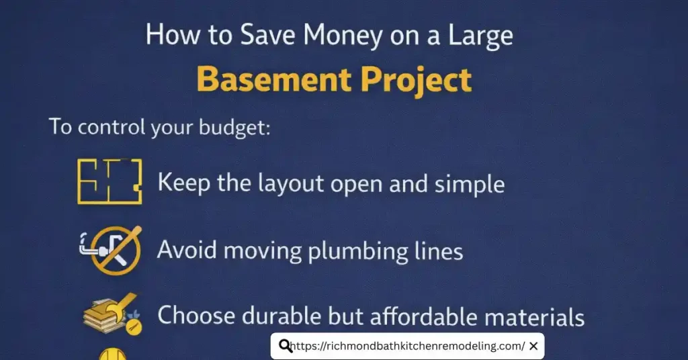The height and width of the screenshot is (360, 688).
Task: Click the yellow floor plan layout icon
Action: [110, 181]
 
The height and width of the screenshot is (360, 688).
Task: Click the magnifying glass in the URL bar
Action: [285, 346]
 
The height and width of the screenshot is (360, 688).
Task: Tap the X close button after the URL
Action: [533, 346]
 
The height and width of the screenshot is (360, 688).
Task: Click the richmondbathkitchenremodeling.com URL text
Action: [408, 347]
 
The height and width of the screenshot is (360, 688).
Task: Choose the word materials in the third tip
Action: [535, 315]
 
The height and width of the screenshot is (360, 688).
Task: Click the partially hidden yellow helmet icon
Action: [110, 353]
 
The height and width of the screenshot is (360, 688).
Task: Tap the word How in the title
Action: [165, 35]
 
